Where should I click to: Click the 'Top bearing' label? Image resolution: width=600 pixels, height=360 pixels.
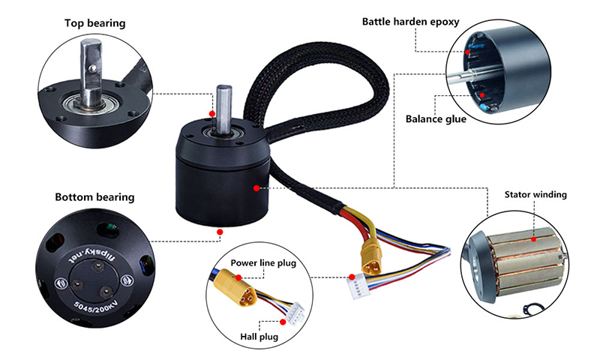(94, 24)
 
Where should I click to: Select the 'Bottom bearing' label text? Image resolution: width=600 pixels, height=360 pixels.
(94, 198)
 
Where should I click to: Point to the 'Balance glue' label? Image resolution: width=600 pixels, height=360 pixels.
(436, 118)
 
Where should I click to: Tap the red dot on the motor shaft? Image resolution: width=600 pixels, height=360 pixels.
(213, 114)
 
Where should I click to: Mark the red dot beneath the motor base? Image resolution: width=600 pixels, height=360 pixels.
(220, 232)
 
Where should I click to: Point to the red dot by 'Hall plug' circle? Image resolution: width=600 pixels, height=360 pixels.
(282, 321)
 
